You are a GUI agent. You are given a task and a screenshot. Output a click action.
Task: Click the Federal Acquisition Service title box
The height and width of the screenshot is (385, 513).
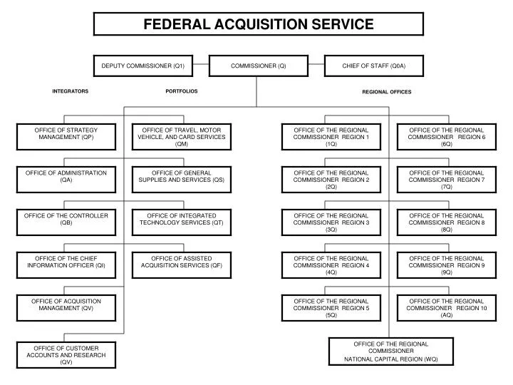259,24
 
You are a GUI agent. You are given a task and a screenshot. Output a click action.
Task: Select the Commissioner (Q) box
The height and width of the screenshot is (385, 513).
259,66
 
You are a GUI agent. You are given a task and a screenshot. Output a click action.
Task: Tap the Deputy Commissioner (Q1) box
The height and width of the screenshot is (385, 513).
143,66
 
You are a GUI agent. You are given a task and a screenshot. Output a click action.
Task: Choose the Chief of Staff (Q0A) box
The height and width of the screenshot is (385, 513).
374,66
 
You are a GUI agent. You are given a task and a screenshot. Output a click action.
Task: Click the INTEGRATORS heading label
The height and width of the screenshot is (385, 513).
71,91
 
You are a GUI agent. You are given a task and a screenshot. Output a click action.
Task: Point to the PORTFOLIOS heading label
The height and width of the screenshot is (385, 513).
182,91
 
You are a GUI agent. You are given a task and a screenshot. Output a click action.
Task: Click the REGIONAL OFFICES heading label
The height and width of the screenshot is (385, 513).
387,92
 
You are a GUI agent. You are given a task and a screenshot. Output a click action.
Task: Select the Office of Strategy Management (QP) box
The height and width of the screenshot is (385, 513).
66,137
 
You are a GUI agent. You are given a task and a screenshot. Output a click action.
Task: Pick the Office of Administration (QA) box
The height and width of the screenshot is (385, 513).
66,180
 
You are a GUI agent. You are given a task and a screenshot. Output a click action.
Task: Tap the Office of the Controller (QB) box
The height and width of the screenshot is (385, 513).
66,222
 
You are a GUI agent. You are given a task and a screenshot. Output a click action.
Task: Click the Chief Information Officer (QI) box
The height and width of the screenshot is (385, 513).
66,265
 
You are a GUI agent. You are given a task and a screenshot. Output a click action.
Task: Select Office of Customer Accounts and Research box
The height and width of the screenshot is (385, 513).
66,355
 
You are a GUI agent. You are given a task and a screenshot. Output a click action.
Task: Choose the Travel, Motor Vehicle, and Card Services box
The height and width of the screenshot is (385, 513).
182,137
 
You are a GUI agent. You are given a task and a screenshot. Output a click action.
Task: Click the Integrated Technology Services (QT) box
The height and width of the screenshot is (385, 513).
182,222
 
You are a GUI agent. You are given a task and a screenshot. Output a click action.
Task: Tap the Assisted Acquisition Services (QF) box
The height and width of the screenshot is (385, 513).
182,265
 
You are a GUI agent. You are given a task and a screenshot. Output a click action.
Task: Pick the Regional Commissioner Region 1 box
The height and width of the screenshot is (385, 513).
331,137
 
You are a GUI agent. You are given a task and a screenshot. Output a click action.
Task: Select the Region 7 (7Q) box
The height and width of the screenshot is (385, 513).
447,180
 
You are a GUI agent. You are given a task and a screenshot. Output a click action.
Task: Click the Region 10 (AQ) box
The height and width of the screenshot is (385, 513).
447,308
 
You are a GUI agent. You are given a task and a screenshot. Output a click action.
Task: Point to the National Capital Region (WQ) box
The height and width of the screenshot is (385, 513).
391,351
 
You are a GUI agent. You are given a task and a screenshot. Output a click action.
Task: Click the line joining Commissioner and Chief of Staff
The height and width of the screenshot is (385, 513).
316,64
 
